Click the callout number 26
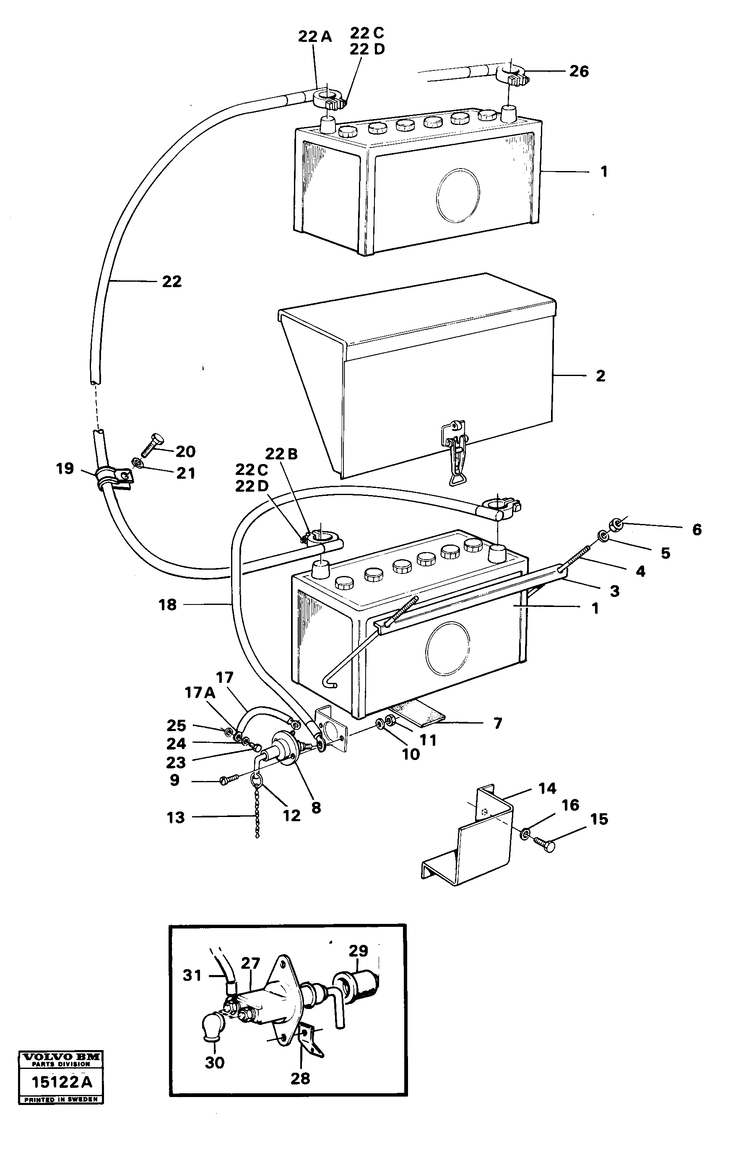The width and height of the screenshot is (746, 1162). pyautogui.click(x=578, y=71)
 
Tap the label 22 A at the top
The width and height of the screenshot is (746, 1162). pyautogui.click(x=315, y=36)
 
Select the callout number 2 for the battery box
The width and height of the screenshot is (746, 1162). pyautogui.click(x=600, y=376)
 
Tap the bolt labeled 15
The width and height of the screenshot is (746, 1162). pyautogui.click(x=545, y=844)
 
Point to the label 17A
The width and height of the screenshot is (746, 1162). pyautogui.click(x=200, y=693)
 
